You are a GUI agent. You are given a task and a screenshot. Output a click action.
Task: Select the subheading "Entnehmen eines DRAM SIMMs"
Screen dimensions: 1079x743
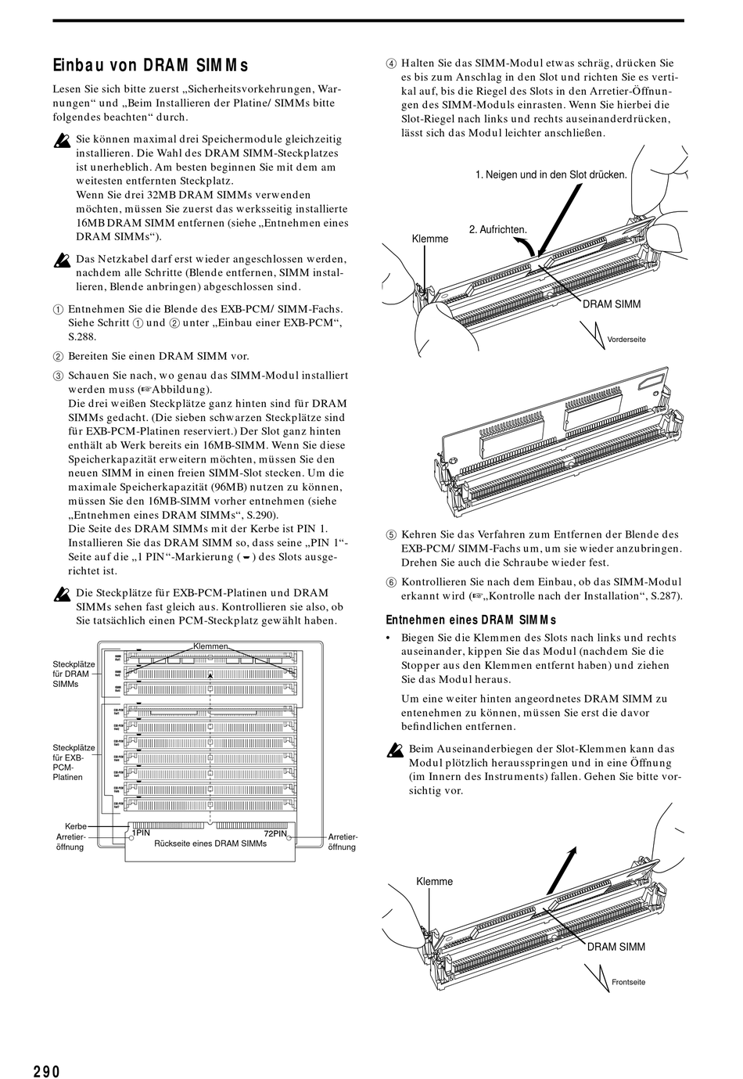(471, 620)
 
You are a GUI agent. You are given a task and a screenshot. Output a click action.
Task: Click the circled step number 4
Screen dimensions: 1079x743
(391, 63)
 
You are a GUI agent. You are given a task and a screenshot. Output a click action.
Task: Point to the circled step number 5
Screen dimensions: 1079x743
(391, 534)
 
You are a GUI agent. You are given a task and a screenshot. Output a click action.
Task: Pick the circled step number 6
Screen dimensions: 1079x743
(391, 582)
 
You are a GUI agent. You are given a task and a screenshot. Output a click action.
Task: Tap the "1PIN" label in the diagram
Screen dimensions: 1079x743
(141, 833)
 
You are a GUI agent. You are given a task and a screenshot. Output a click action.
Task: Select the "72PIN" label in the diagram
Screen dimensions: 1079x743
(276, 833)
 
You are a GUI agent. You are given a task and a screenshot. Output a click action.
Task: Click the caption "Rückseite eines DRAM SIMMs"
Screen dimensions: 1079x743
(211, 843)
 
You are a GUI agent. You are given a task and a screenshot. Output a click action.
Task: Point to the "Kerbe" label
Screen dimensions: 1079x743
(75, 825)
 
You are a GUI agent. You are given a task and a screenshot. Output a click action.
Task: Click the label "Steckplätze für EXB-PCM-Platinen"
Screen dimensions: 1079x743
(74, 762)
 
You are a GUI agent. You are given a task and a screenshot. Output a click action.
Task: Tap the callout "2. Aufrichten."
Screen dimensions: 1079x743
(498, 229)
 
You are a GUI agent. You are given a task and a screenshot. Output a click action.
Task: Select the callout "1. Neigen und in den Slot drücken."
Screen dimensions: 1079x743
(551, 174)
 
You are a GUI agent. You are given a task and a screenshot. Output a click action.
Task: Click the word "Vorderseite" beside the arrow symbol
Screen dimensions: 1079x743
(626, 339)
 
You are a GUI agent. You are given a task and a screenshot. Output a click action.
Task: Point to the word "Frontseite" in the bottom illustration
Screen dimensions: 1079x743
(629, 982)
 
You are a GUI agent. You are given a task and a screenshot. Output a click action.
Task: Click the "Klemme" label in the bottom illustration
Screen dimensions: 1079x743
(434, 881)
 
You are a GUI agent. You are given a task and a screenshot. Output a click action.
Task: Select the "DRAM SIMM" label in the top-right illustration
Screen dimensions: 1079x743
(612, 304)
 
